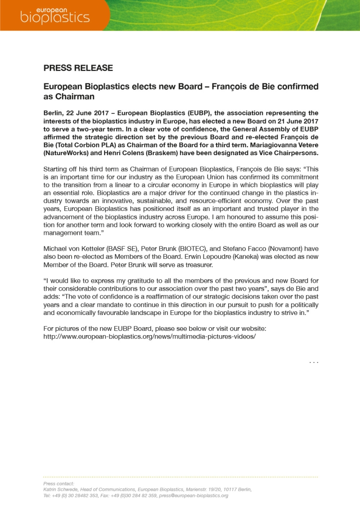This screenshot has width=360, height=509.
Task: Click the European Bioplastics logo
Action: (54, 15)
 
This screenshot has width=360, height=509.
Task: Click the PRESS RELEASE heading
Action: (78, 68)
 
